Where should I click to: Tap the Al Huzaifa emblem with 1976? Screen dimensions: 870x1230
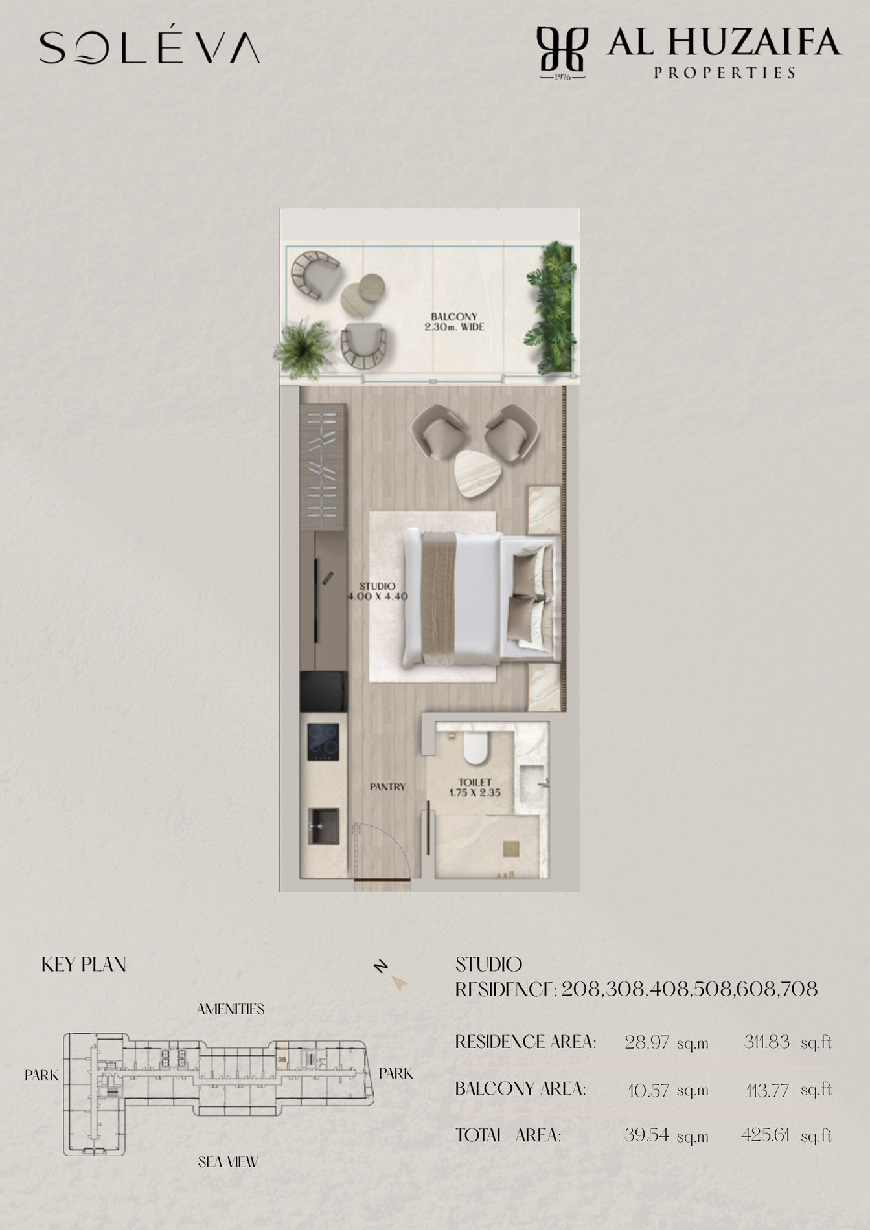coord(562,52)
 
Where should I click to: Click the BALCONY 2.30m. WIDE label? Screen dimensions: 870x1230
coord(454,322)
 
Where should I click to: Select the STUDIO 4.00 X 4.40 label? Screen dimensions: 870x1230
coord(378,591)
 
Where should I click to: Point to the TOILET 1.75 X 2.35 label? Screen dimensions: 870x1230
coord(475,787)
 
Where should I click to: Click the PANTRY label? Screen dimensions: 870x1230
coord(387,787)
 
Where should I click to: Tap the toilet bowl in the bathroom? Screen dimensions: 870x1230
coord(478,748)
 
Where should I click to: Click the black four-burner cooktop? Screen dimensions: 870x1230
coord(323,742)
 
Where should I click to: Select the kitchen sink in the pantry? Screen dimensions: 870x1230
coord(323,825)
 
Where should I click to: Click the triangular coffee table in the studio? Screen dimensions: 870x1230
coord(479,473)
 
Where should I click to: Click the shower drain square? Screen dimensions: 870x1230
coord(511,848)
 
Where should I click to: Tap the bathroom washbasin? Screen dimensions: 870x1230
coord(532,781)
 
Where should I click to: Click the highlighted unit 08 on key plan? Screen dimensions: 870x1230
coord(282,1059)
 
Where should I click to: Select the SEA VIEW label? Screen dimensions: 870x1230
coord(228,1162)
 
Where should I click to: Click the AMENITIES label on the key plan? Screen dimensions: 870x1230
coord(231,1009)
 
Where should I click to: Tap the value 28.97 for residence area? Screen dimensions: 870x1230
coord(647,1042)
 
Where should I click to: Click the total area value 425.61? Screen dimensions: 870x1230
coord(765,1135)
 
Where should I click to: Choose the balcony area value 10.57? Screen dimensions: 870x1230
coord(648,1090)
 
